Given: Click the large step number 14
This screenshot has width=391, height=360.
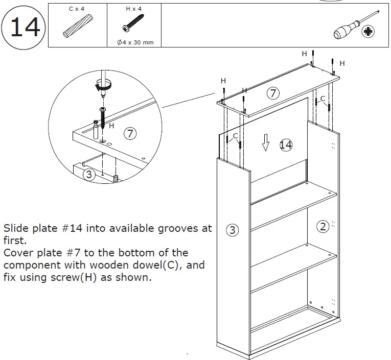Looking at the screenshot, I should (24, 27).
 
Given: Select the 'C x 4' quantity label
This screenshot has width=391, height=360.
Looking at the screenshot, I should (77, 9).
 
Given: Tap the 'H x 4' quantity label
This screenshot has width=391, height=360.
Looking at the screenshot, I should (134, 9).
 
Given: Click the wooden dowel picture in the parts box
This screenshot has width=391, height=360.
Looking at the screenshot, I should (77, 27).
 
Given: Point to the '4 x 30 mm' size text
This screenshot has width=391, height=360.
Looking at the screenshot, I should (135, 42).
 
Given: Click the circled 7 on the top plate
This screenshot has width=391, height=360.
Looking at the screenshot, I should (273, 93).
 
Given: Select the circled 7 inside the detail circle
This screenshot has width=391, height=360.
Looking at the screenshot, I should (131, 134).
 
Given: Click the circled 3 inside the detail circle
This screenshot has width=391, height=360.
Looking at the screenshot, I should (89, 175).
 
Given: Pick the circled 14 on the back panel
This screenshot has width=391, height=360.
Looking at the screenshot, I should (286, 145).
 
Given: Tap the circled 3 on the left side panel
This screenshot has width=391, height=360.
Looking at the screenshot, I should (232, 230).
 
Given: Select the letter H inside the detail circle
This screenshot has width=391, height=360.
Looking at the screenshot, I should (112, 125).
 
